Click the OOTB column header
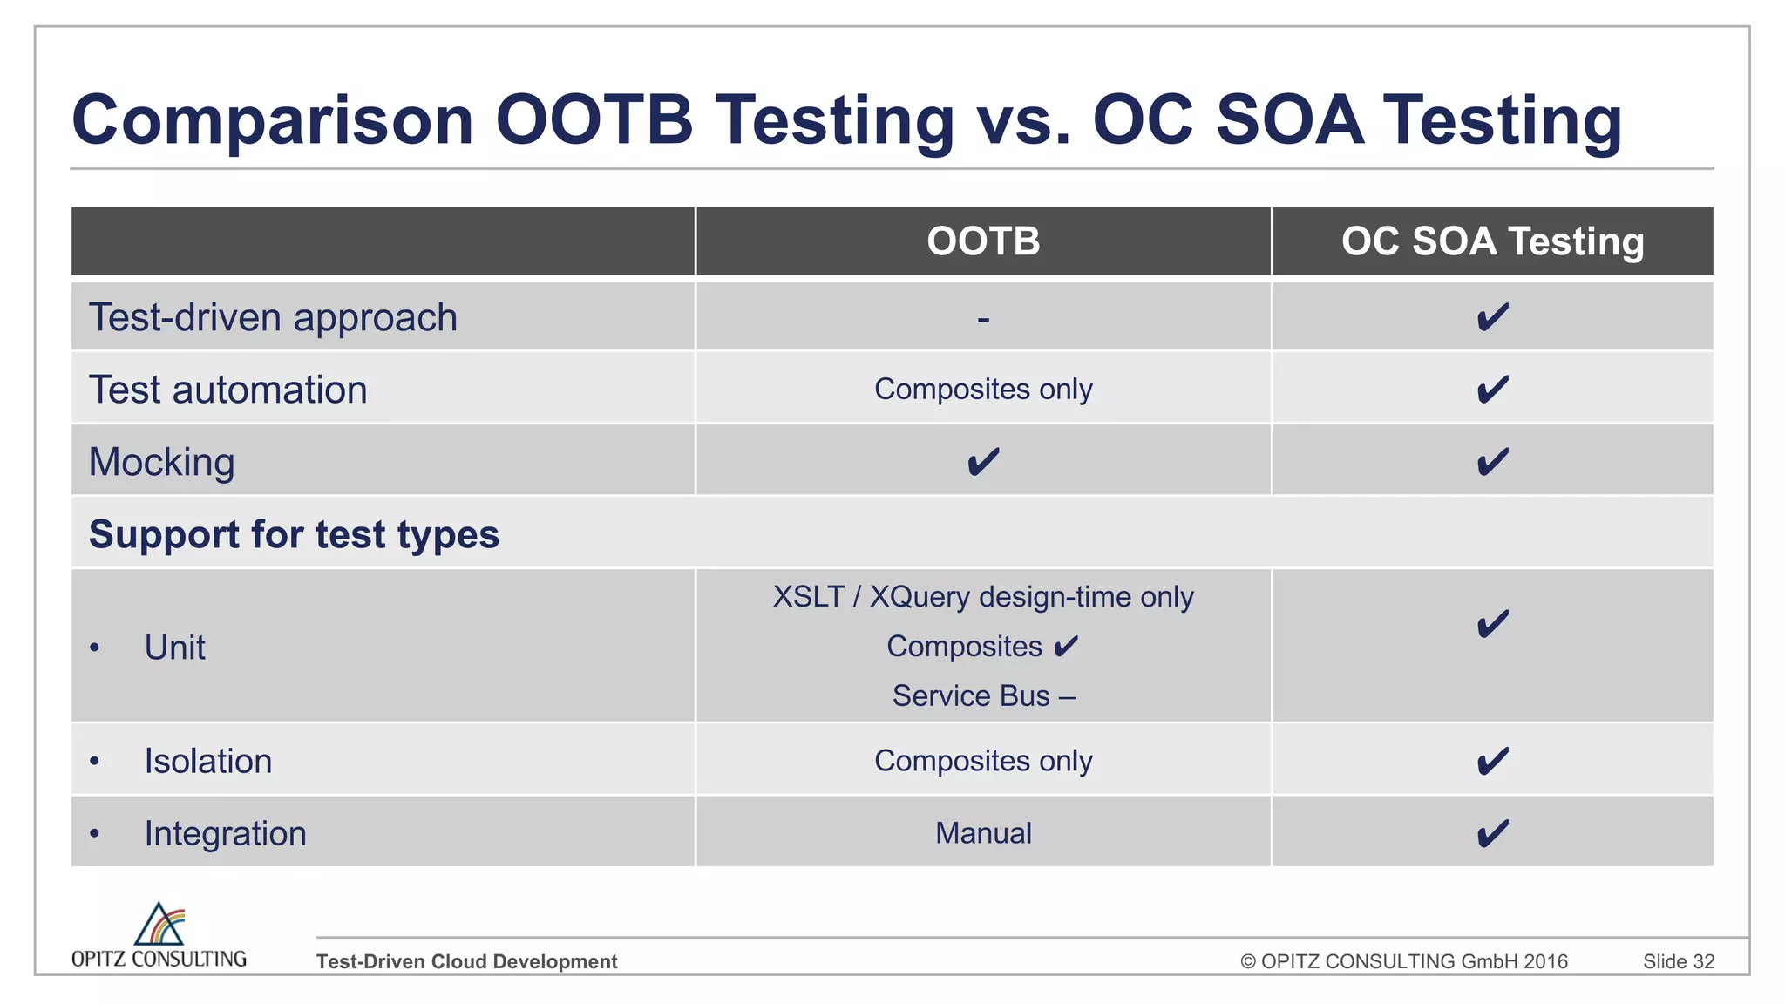pyautogui.click(x=983, y=241)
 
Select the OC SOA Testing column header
pyautogui.click(x=1492, y=241)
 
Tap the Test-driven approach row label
pyautogui.click(x=273, y=317)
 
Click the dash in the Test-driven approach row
pyautogui.click(x=983, y=320)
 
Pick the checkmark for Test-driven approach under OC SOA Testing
pyautogui.click(x=1492, y=317)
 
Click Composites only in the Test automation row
pyautogui.click(x=983, y=389)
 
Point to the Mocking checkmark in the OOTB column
pyautogui.click(x=983, y=462)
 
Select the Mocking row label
pyautogui.click(x=162, y=462)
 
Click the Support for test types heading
pyautogui.click(x=294, y=534)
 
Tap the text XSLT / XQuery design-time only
pyautogui.click(x=983, y=597)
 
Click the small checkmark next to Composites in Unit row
pyautogui.click(x=1066, y=647)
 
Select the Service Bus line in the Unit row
pyautogui.click(x=983, y=696)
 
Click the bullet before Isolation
pyautogui.click(x=95, y=762)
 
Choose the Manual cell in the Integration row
pyautogui.click(x=983, y=833)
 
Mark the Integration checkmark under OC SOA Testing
pyautogui.click(x=1492, y=834)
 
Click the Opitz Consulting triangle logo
pyautogui.click(x=159, y=925)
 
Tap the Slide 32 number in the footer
pyautogui.click(x=1679, y=961)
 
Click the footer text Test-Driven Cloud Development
pyautogui.click(x=466, y=961)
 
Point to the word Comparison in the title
pyautogui.click(x=273, y=120)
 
